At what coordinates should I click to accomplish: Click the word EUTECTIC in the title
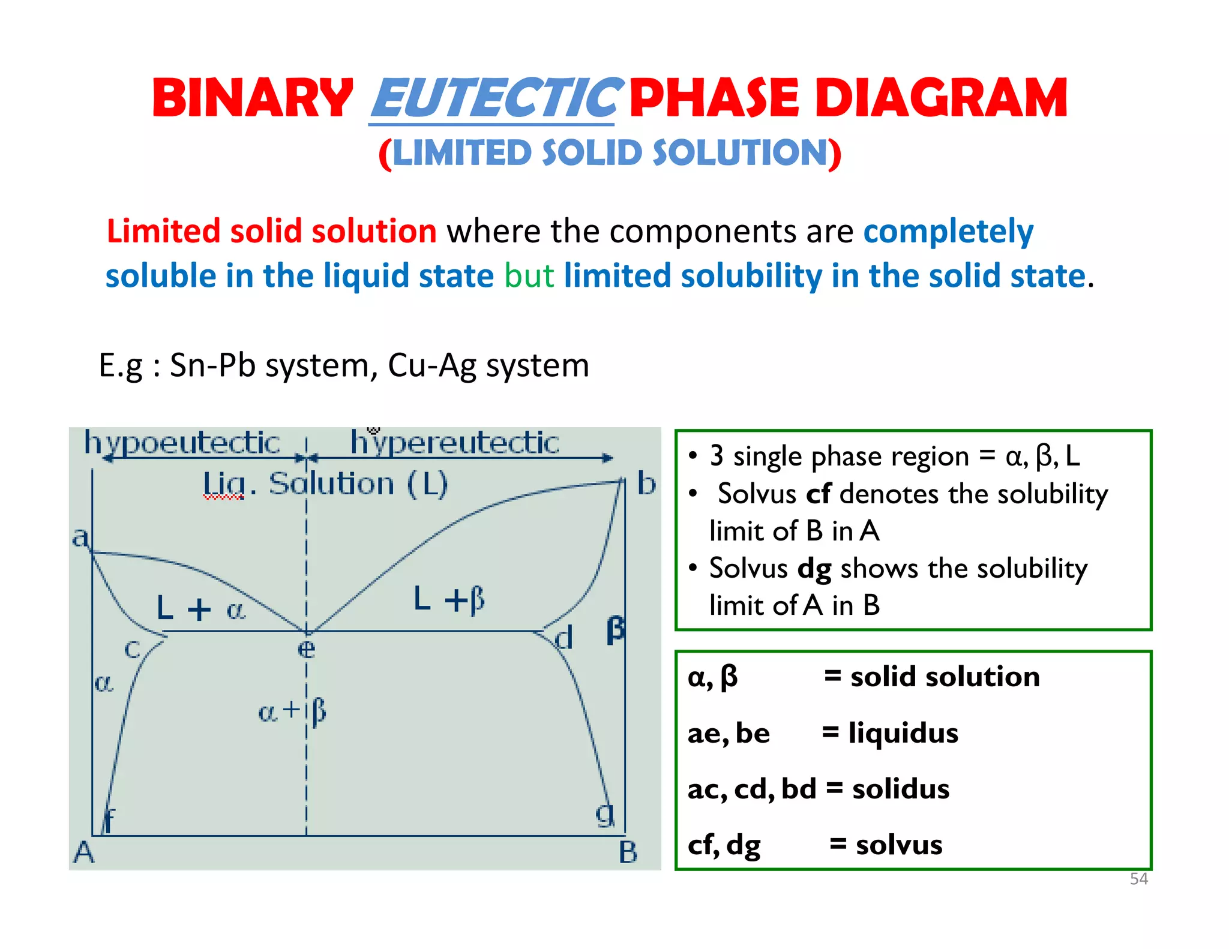(493, 98)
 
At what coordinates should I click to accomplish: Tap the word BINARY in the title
(253, 98)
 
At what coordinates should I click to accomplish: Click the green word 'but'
(529, 276)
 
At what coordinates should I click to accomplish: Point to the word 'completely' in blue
(948, 232)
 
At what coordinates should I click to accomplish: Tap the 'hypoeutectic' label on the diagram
(182, 443)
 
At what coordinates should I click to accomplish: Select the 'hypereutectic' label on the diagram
(454, 443)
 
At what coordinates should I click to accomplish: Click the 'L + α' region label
(200, 608)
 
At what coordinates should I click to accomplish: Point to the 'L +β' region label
(449, 599)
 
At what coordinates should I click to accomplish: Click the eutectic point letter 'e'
(306, 649)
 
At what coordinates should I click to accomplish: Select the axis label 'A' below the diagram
(84, 852)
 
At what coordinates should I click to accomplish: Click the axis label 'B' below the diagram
(628, 852)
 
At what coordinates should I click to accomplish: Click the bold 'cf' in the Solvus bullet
(818, 494)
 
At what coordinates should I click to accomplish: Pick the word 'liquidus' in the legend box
(903, 733)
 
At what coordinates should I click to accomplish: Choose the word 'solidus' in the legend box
(901, 789)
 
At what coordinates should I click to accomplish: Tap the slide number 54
(1138, 879)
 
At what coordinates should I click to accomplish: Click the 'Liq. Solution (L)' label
(325, 483)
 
